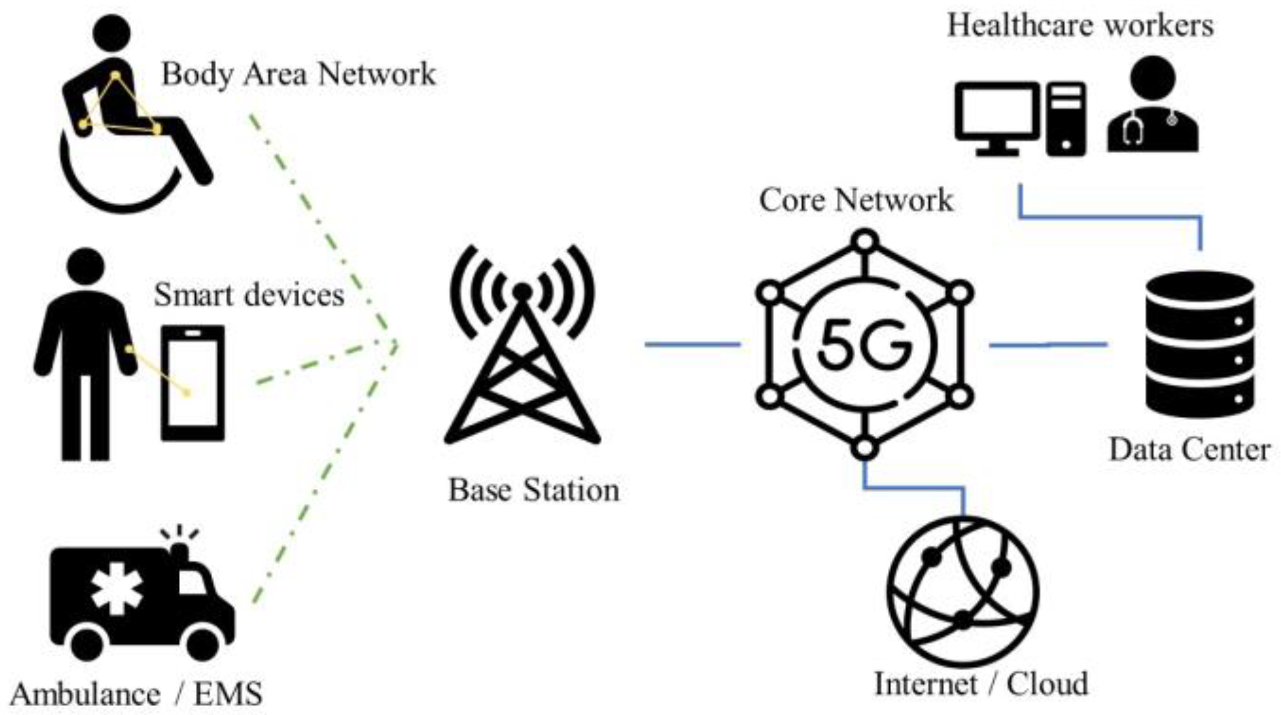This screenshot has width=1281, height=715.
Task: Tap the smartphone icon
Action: (193, 382)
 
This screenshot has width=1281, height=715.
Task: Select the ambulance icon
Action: (142, 598)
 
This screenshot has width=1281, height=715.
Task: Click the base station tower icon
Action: (522, 353)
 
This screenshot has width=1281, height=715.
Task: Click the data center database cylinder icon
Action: (1200, 344)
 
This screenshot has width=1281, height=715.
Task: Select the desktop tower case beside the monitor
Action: (1066, 118)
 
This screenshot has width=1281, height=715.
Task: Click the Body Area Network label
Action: (298, 74)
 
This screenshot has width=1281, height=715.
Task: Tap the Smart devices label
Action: (249, 294)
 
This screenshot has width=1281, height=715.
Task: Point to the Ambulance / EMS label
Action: (136, 694)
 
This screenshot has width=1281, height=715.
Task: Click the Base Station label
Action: (533, 490)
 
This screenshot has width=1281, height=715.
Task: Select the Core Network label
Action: (856, 200)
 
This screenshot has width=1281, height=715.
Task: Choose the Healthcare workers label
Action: (1080, 26)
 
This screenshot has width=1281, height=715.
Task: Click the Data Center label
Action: (1189, 450)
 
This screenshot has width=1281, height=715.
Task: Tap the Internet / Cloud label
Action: (981, 684)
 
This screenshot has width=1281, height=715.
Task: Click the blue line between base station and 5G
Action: (692, 344)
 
